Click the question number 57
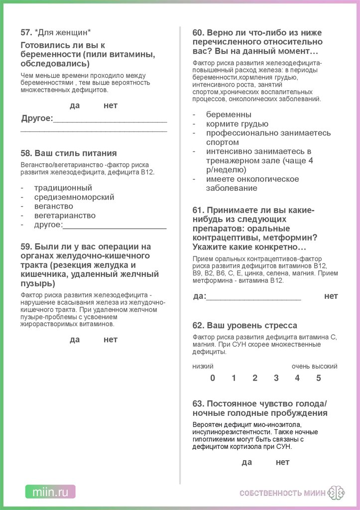pos(26,32)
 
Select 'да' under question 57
pos(75,106)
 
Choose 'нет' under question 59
pos(111,340)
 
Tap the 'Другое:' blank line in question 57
pos(110,120)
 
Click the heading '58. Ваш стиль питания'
pos(69,153)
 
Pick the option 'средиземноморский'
pos(74,197)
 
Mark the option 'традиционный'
pos(63,188)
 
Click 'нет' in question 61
pos(331,296)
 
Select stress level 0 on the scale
pos(213,378)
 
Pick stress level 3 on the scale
pos(276,378)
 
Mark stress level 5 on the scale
pos(319,378)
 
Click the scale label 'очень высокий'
pos(314,367)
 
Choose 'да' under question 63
pos(247,462)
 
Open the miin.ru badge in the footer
pos(50,492)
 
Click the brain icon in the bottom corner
pos(337,493)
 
